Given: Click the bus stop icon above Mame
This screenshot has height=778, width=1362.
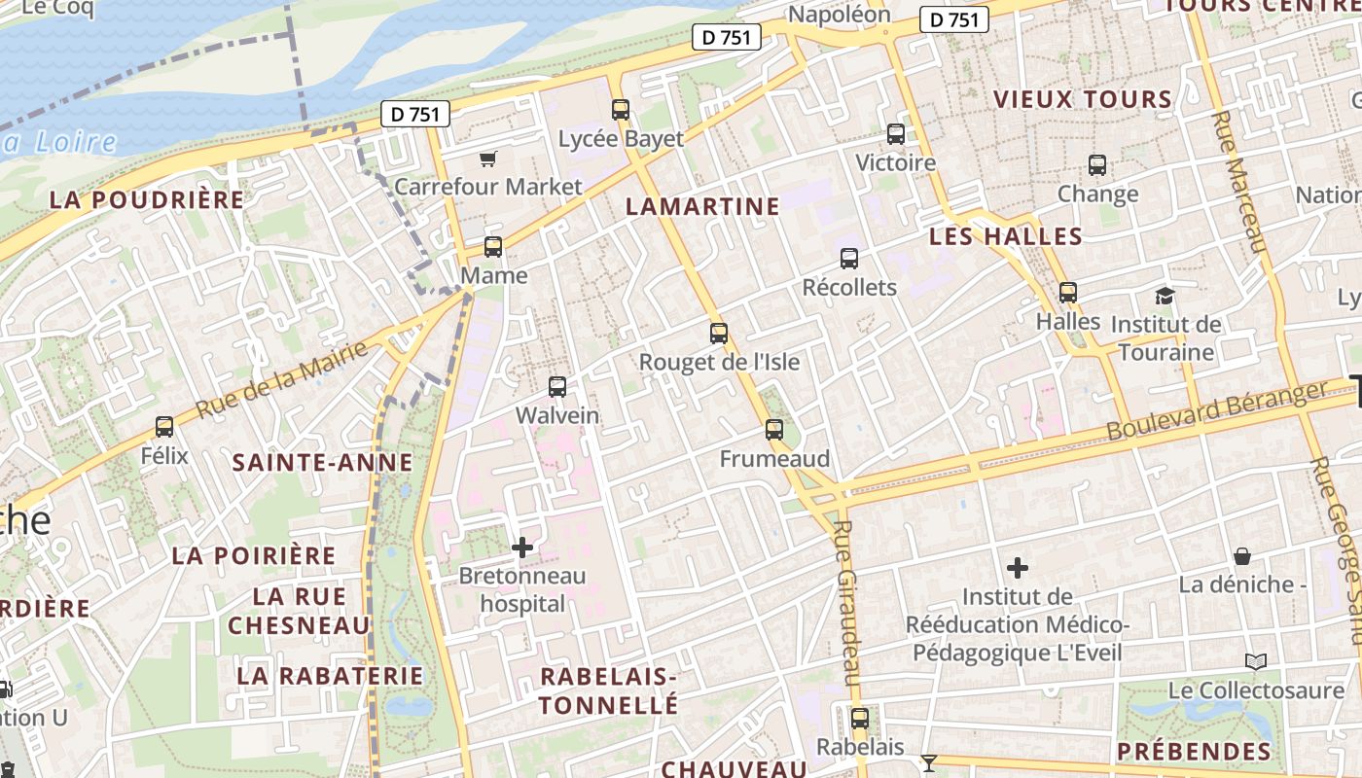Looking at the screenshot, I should pyautogui.click(x=493, y=247).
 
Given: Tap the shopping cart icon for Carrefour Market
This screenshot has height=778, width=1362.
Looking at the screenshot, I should pyautogui.click(x=488, y=159).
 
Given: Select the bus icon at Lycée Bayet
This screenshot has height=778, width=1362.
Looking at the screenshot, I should pyautogui.click(x=621, y=110).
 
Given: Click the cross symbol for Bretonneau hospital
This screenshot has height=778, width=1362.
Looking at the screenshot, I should pyautogui.click(x=522, y=548).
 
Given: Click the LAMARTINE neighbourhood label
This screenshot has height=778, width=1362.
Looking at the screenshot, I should pyautogui.click(x=702, y=206).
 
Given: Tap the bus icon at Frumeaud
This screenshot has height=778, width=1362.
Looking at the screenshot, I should pyautogui.click(x=774, y=430).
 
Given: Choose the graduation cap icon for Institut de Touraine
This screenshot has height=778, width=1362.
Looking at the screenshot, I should pyautogui.click(x=1165, y=296).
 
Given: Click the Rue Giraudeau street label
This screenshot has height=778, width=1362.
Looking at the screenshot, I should pyautogui.click(x=847, y=603).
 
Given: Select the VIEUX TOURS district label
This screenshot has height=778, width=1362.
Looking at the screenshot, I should pyautogui.click(x=1082, y=99).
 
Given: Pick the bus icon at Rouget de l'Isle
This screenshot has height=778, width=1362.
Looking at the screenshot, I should pyautogui.click(x=719, y=334).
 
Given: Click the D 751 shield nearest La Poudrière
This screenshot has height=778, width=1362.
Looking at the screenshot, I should pyautogui.click(x=415, y=114).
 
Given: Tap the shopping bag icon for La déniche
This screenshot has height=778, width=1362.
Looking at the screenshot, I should pyautogui.click(x=1242, y=556).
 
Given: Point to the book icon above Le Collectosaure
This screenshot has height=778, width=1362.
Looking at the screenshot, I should pyautogui.click(x=1256, y=662).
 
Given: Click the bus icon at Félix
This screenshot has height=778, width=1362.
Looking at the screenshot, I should pyautogui.click(x=164, y=426).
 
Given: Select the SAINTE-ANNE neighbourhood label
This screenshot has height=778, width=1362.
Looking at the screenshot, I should pyautogui.click(x=322, y=463).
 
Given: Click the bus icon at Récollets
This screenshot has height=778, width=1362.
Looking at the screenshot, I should pyautogui.click(x=849, y=259).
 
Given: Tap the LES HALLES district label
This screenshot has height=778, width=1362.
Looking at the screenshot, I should pyautogui.click(x=1005, y=236).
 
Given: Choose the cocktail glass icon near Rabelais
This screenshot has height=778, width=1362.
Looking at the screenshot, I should pyautogui.click(x=929, y=762).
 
